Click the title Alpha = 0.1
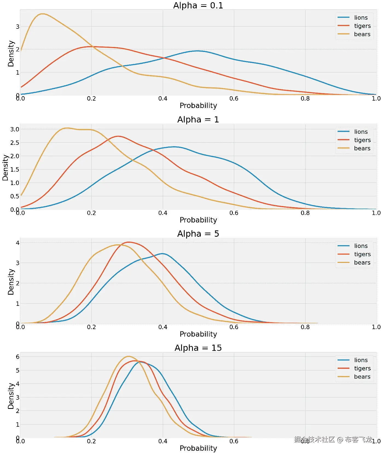[198, 5]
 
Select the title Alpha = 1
[198, 119]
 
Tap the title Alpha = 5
[198, 234]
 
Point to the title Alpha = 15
[198, 348]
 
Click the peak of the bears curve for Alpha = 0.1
[43, 14]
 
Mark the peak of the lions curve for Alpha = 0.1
[198, 51]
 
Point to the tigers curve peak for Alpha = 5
[129, 242]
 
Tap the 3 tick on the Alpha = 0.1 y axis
[18, 27]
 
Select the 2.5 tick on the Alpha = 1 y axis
[15, 143]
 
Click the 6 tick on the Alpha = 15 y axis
[18, 357]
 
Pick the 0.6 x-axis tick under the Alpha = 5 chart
[234, 327]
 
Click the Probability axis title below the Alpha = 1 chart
[198, 220]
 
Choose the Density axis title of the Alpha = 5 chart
[11, 282]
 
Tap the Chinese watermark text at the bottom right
[333, 440]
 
